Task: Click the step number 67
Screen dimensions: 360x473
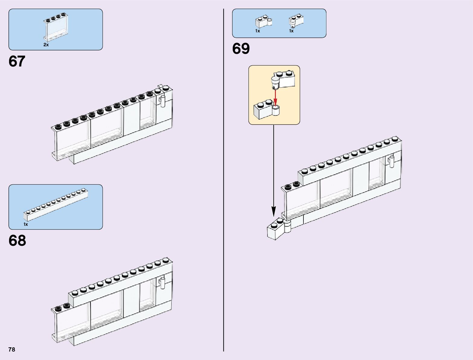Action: tap(17, 62)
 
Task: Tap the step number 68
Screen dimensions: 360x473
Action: tap(17, 241)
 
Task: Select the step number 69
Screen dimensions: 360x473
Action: tap(241, 49)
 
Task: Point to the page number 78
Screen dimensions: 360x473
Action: tap(12, 349)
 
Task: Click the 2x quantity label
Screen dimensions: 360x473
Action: tap(46, 45)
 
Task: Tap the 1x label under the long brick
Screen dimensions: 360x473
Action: tap(26, 224)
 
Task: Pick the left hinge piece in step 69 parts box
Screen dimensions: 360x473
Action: tap(263, 22)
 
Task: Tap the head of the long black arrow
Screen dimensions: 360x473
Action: tap(274, 212)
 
